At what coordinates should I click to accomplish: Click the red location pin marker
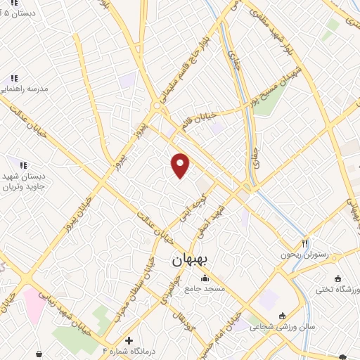pyautogui.click(x=181, y=165)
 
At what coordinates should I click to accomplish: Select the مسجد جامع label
pyautogui.click(x=204, y=289)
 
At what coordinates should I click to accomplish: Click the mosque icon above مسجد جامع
pyautogui.click(x=205, y=278)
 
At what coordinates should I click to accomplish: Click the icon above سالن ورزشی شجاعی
pyautogui.click(x=283, y=316)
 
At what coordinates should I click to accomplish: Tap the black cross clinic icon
pyautogui.click(x=129, y=340)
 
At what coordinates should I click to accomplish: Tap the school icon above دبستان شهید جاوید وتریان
pyautogui.click(x=23, y=166)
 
